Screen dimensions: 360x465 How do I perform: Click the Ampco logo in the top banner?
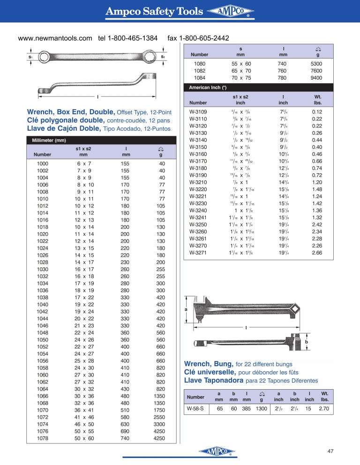pyautogui.click(x=230, y=12)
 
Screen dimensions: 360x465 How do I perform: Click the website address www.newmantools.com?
pyautogui.click(x=55, y=38)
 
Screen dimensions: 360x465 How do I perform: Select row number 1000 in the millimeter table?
pyautogui.click(x=43, y=163)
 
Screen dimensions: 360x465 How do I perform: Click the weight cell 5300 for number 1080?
pyautogui.click(x=316, y=64)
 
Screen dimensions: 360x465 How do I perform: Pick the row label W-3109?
pyautogui.click(x=198, y=112)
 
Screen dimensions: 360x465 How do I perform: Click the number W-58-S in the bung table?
pyautogui.click(x=195, y=408)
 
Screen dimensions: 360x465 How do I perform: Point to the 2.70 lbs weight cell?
pyautogui.click(x=324, y=408)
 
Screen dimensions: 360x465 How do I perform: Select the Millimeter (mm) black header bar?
pyautogui.click(x=102, y=140)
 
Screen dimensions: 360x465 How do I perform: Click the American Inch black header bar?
pyautogui.click(x=258, y=88)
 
